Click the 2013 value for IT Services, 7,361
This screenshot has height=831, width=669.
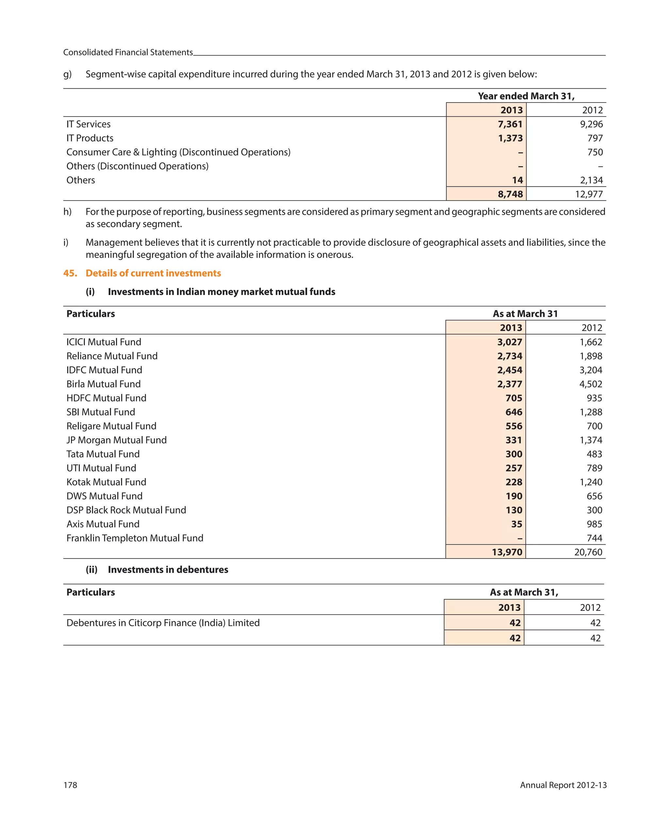tap(510, 124)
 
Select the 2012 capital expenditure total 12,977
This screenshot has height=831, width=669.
tap(588, 194)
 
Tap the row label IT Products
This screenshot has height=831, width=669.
tap(90, 138)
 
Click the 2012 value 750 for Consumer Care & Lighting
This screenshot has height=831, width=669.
tap(595, 152)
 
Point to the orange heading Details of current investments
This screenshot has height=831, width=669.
tap(153, 273)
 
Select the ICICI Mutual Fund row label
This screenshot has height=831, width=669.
tap(104, 342)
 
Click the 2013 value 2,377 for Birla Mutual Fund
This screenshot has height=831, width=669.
tap(509, 384)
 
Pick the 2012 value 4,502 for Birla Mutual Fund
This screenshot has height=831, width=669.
tap(590, 384)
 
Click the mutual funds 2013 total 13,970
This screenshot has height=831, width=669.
tap(507, 552)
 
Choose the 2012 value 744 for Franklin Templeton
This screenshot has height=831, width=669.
tap(594, 538)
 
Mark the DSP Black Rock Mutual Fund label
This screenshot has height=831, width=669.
tap(126, 510)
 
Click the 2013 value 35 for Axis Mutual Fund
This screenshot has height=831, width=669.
tap(516, 524)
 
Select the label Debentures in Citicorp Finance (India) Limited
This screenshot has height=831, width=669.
tap(163, 622)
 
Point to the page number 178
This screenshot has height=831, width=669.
tap(70, 785)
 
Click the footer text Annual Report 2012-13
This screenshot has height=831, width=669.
tap(563, 785)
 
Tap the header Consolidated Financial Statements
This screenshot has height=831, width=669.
tap(128, 53)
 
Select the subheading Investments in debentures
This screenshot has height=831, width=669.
tap(168, 569)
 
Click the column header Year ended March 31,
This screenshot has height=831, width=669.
tap(526, 96)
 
